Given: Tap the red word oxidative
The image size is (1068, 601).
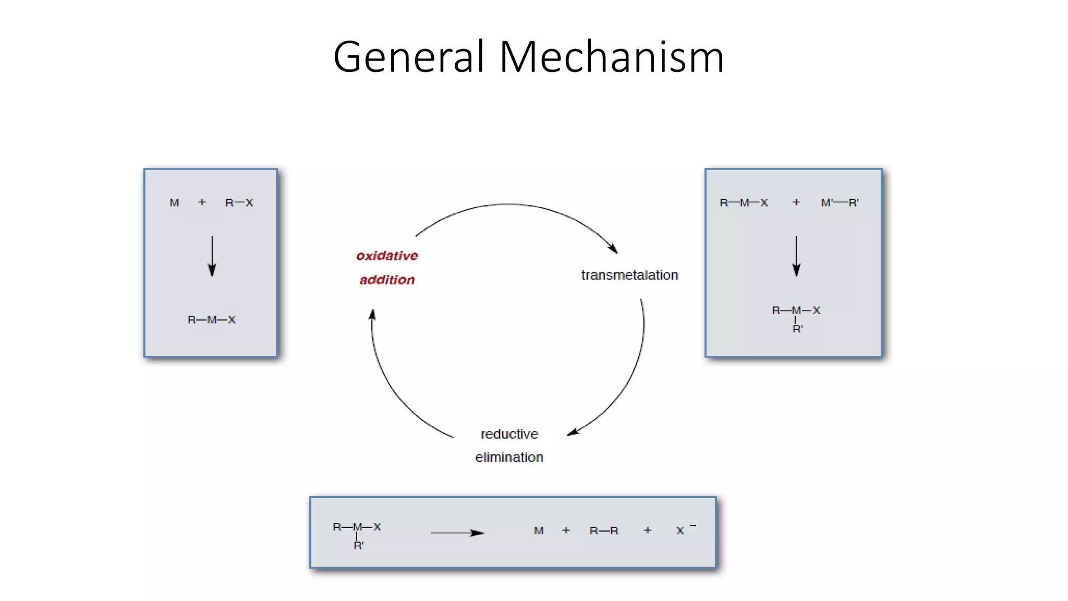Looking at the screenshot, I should click(x=387, y=256).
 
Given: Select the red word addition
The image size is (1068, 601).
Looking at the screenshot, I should click(x=387, y=280).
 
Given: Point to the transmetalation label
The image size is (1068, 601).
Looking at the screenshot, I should click(x=629, y=275).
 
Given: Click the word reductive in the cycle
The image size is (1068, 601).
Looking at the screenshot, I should click(x=509, y=434).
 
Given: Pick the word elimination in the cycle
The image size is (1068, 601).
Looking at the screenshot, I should click(x=509, y=457).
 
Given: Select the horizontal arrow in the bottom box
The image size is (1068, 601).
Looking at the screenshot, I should click(x=457, y=533).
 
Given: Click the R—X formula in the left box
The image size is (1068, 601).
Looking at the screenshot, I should click(x=239, y=202).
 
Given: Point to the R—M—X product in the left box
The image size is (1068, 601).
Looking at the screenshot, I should click(x=211, y=320).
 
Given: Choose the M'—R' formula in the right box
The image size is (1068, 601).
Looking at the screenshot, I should click(x=840, y=202).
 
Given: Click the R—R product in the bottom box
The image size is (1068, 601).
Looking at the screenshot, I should click(x=604, y=531).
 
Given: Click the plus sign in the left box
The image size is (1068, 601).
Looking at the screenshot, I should click(x=202, y=202).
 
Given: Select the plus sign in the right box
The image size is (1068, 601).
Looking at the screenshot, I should click(x=796, y=202).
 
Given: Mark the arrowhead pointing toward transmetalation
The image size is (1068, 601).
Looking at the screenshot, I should click(x=614, y=249).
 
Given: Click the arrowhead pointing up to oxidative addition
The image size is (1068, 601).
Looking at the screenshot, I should click(x=372, y=315).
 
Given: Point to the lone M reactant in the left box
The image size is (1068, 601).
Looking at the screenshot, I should click(x=174, y=202).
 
